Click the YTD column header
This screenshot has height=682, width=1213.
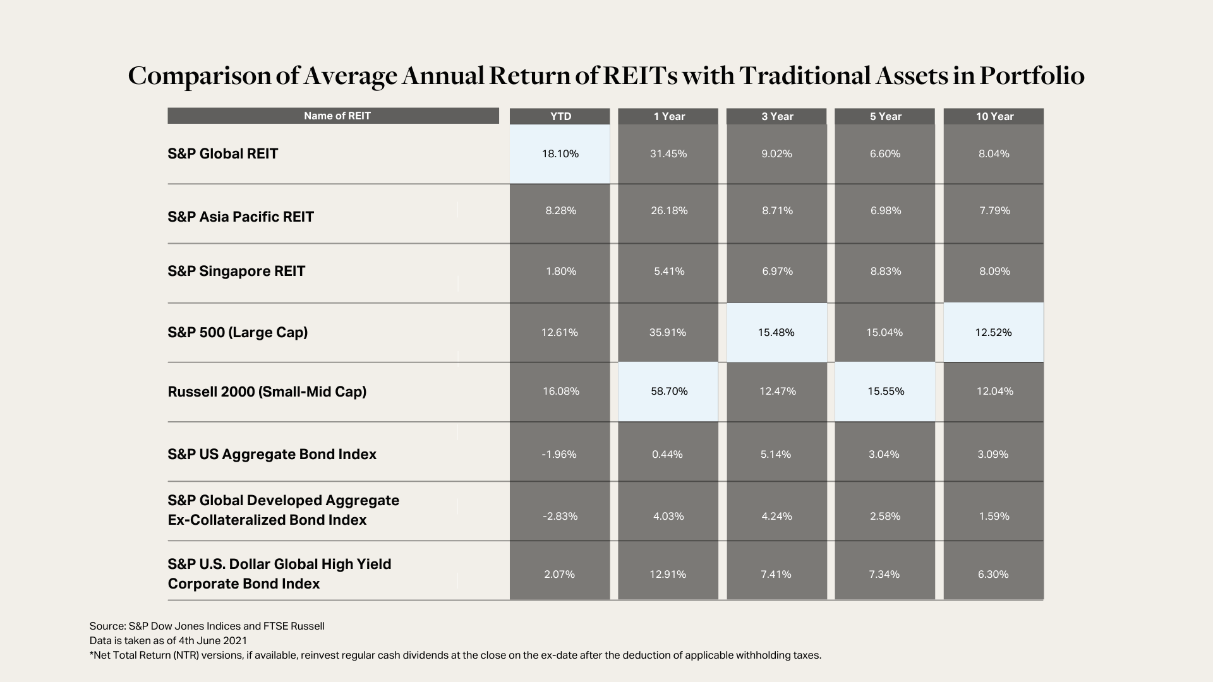pyautogui.click(x=560, y=116)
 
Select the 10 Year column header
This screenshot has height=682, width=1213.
pyautogui.click(x=994, y=116)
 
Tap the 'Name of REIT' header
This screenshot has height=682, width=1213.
pyautogui.click(x=333, y=116)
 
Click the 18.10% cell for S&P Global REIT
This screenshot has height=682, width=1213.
pyautogui.click(x=560, y=153)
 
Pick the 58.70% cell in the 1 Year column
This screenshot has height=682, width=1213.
pyautogui.click(x=668, y=392)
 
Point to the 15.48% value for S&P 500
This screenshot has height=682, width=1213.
pyautogui.click(x=776, y=332)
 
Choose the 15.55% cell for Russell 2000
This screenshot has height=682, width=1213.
pyautogui.click(x=885, y=392)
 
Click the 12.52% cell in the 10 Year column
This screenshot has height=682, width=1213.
pyautogui.click(x=994, y=332)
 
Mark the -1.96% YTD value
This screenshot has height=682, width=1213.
pyautogui.click(x=560, y=454)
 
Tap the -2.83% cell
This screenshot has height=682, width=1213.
pyautogui.click(x=560, y=516)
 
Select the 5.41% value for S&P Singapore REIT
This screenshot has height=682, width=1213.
pyautogui.click(x=668, y=271)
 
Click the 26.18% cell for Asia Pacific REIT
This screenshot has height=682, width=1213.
pyautogui.click(x=669, y=210)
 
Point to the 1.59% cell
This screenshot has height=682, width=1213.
pyautogui.click(x=994, y=516)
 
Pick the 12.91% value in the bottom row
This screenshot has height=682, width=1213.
pyautogui.click(x=668, y=574)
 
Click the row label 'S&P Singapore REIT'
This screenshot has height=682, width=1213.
pyautogui.click(x=236, y=272)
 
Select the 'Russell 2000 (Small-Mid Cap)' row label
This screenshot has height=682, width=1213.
pyautogui.click(x=267, y=392)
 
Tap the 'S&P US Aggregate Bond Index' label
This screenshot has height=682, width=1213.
pyautogui.click(x=272, y=455)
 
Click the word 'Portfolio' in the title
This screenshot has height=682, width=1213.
pyautogui.click(x=1032, y=76)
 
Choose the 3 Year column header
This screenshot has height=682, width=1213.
pyautogui.click(x=777, y=116)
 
